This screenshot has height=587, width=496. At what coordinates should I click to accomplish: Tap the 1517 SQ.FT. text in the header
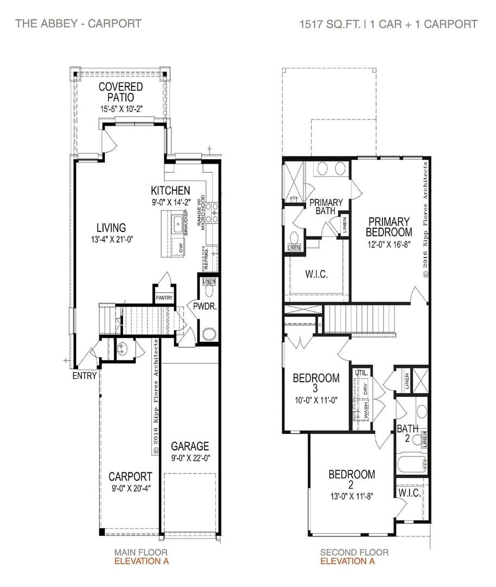pyautogui.click(x=330, y=24)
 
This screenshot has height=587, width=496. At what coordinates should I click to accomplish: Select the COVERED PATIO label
pyautogui.click(x=121, y=92)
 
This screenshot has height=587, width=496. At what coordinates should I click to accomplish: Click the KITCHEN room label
pyautogui.click(x=170, y=190)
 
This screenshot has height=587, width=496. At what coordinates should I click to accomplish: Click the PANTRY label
pyautogui.click(x=164, y=298)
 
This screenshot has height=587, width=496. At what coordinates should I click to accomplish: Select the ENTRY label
pyautogui.click(x=85, y=376)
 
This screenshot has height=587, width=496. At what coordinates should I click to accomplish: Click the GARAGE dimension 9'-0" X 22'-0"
pyautogui.click(x=190, y=458)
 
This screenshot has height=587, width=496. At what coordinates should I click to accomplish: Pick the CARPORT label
pyautogui.click(x=129, y=476)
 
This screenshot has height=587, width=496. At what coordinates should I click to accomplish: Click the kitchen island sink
pyautogui.click(x=177, y=223)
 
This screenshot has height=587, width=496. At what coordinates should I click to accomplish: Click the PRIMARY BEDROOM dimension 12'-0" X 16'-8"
pyautogui.click(x=389, y=244)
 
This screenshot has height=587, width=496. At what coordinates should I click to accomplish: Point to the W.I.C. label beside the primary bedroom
pyautogui.click(x=316, y=274)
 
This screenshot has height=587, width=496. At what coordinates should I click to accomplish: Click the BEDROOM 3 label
pyautogui.click(x=316, y=383)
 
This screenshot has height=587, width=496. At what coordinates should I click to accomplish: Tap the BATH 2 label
pyautogui.click(x=407, y=434)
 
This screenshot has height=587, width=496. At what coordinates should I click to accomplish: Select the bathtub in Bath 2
pyautogui.click(x=411, y=465)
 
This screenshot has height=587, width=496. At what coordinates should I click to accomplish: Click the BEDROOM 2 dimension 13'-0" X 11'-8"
pyautogui.click(x=351, y=495)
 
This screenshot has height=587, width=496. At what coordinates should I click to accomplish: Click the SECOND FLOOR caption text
pyautogui.click(x=354, y=553)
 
